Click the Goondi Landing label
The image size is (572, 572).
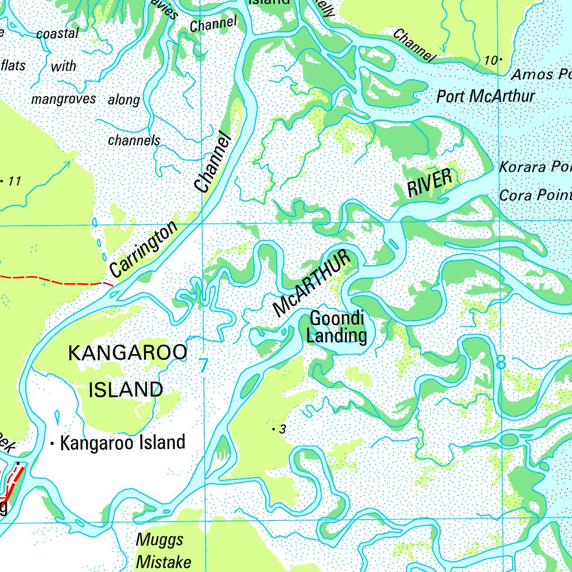pos(338,327)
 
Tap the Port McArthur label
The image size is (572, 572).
pos(485,96)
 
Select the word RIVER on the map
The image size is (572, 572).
pos(429,183)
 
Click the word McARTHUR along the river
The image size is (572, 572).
pos(313,284)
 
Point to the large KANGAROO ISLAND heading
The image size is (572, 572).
pos(127,371)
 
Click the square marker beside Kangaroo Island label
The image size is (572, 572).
pos(53,445)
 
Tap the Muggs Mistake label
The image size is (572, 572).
pos(163,551)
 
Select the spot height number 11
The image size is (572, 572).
pos(15,181)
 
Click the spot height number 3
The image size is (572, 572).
pos(283,429)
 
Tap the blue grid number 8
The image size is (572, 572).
pos(501,362)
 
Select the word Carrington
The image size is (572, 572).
pos(144,249)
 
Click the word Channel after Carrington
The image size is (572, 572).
pos(213,162)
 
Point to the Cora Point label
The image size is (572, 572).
pos(535,195)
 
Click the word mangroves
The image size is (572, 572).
pos(64,99)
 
